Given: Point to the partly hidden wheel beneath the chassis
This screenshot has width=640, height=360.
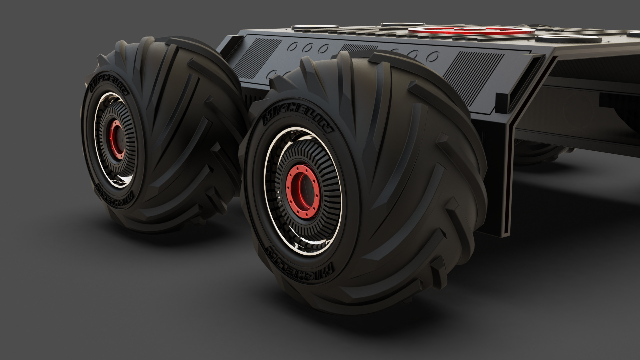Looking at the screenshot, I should click(x=540, y=153).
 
